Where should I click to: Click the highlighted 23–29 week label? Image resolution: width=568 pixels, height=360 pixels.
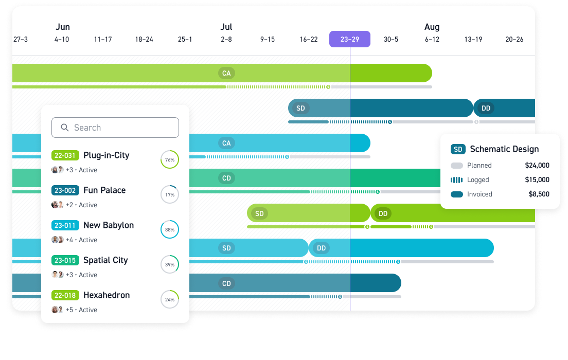(350, 39)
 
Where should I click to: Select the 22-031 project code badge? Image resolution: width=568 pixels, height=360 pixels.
(65, 155)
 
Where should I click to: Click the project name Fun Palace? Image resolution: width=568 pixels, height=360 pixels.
(104, 190)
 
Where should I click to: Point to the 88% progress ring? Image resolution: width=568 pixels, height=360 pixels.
(170, 229)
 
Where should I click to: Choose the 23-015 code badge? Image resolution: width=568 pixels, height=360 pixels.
(65, 260)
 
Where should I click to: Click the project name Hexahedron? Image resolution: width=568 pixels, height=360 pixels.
(106, 295)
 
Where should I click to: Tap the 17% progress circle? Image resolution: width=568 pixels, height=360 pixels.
(170, 194)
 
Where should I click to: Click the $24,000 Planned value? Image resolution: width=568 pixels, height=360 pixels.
(537, 166)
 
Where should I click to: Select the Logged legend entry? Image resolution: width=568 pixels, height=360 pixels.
(478, 180)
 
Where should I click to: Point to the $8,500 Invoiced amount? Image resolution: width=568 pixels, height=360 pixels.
(539, 194)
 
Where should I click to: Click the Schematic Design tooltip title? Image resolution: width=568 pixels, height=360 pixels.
(504, 149)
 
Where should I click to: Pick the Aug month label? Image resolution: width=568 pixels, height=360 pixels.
(432, 27)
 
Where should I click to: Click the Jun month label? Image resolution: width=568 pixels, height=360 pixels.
(62, 27)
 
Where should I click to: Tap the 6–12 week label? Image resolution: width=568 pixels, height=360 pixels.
(432, 39)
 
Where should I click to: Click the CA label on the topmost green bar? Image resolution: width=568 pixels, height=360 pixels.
(226, 73)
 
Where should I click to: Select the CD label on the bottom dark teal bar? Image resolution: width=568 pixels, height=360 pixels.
(226, 283)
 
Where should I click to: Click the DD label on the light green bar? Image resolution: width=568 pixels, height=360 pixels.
(383, 213)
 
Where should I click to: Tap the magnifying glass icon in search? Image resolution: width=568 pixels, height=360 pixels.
(65, 128)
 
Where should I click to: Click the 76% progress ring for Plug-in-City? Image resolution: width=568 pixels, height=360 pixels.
(170, 159)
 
